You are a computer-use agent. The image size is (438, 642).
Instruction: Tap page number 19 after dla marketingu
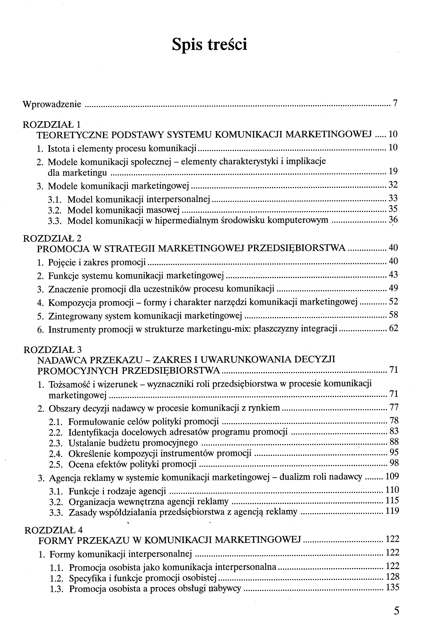click(x=393, y=171)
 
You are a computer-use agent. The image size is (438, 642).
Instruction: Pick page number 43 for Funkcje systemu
click(x=393, y=275)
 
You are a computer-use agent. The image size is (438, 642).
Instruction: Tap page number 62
click(x=394, y=329)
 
